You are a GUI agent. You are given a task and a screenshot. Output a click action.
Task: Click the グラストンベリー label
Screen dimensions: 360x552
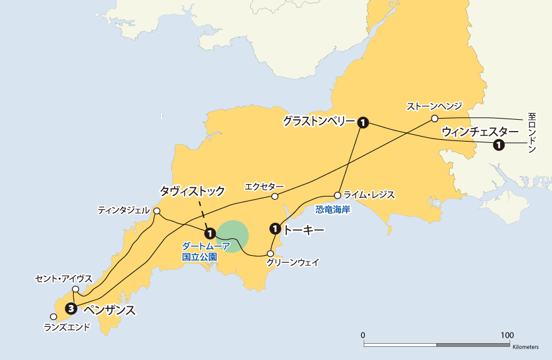click(318, 120)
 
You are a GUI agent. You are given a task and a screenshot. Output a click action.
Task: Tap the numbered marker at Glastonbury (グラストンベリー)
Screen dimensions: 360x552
click(363, 123)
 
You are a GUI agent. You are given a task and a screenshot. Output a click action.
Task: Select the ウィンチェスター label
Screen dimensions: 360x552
click(480, 132)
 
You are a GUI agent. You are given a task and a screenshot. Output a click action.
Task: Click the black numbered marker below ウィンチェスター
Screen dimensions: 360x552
click(498, 145)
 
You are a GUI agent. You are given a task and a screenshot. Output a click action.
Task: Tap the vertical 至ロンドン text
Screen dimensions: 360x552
click(531, 134)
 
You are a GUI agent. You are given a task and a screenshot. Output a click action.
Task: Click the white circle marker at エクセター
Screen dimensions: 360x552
click(274, 197)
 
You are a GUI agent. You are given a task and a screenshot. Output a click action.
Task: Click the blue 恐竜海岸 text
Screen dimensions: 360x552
click(332, 210)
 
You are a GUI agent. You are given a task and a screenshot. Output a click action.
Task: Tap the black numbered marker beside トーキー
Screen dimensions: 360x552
click(274, 229)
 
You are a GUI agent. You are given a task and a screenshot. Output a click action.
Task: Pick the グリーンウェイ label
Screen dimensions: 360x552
click(293, 263)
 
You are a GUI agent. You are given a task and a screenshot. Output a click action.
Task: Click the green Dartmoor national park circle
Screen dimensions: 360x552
click(233, 236)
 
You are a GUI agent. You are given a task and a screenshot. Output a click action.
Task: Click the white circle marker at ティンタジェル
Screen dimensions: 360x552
click(157, 212)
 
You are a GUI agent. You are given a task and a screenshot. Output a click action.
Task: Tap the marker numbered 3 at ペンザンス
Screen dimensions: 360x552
click(72, 308)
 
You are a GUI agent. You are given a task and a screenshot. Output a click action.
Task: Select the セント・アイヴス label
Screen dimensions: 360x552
click(64, 278)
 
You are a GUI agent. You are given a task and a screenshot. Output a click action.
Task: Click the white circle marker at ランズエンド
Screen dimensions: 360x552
click(53, 317)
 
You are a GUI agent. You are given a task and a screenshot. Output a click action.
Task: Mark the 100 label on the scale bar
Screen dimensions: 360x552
click(507, 335)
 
